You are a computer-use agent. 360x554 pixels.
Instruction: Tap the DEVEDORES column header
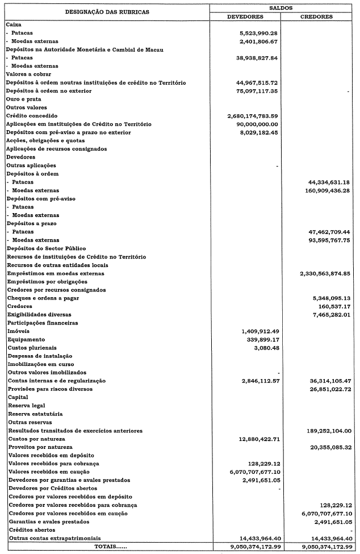(x=244, y=16)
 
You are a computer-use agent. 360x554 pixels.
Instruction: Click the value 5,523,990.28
(x=258, y=34)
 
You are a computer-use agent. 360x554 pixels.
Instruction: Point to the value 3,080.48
(x=266, y=348)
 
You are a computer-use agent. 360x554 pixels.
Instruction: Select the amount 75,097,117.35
(x=256, y=91)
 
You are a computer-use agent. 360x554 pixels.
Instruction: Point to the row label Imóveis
(x=19, y=331)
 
